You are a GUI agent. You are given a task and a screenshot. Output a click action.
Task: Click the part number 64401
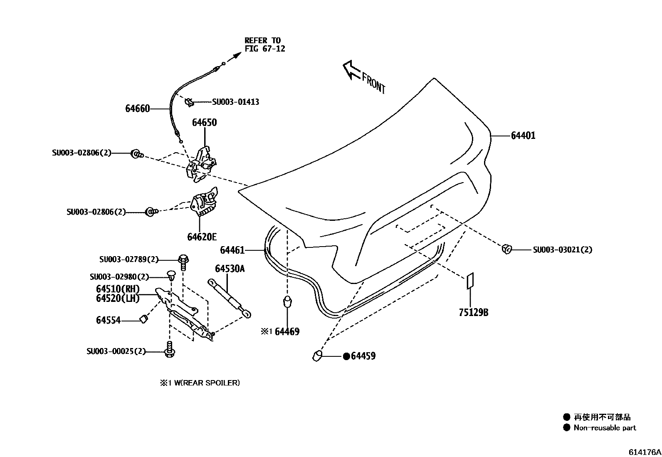523,136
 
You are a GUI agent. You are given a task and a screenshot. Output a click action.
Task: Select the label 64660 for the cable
137,109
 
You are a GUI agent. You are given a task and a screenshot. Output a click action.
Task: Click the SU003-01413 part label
235,102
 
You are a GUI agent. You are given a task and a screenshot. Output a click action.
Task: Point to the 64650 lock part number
204,123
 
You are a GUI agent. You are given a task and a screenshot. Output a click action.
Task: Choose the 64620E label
202,237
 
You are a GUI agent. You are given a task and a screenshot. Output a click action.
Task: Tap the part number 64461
232,250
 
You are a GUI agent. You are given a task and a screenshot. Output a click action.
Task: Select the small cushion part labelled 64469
287,302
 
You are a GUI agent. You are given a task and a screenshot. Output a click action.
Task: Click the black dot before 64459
346,356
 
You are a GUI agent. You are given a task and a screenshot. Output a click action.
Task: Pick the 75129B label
473,312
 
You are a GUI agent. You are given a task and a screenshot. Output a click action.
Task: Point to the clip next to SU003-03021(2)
506,249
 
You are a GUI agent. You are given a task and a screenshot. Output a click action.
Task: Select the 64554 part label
108,320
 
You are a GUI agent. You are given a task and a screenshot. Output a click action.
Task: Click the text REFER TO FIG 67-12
264,44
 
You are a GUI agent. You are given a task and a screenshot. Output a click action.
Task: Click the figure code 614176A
644,452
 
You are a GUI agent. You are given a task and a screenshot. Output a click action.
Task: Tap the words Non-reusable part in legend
605,427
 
